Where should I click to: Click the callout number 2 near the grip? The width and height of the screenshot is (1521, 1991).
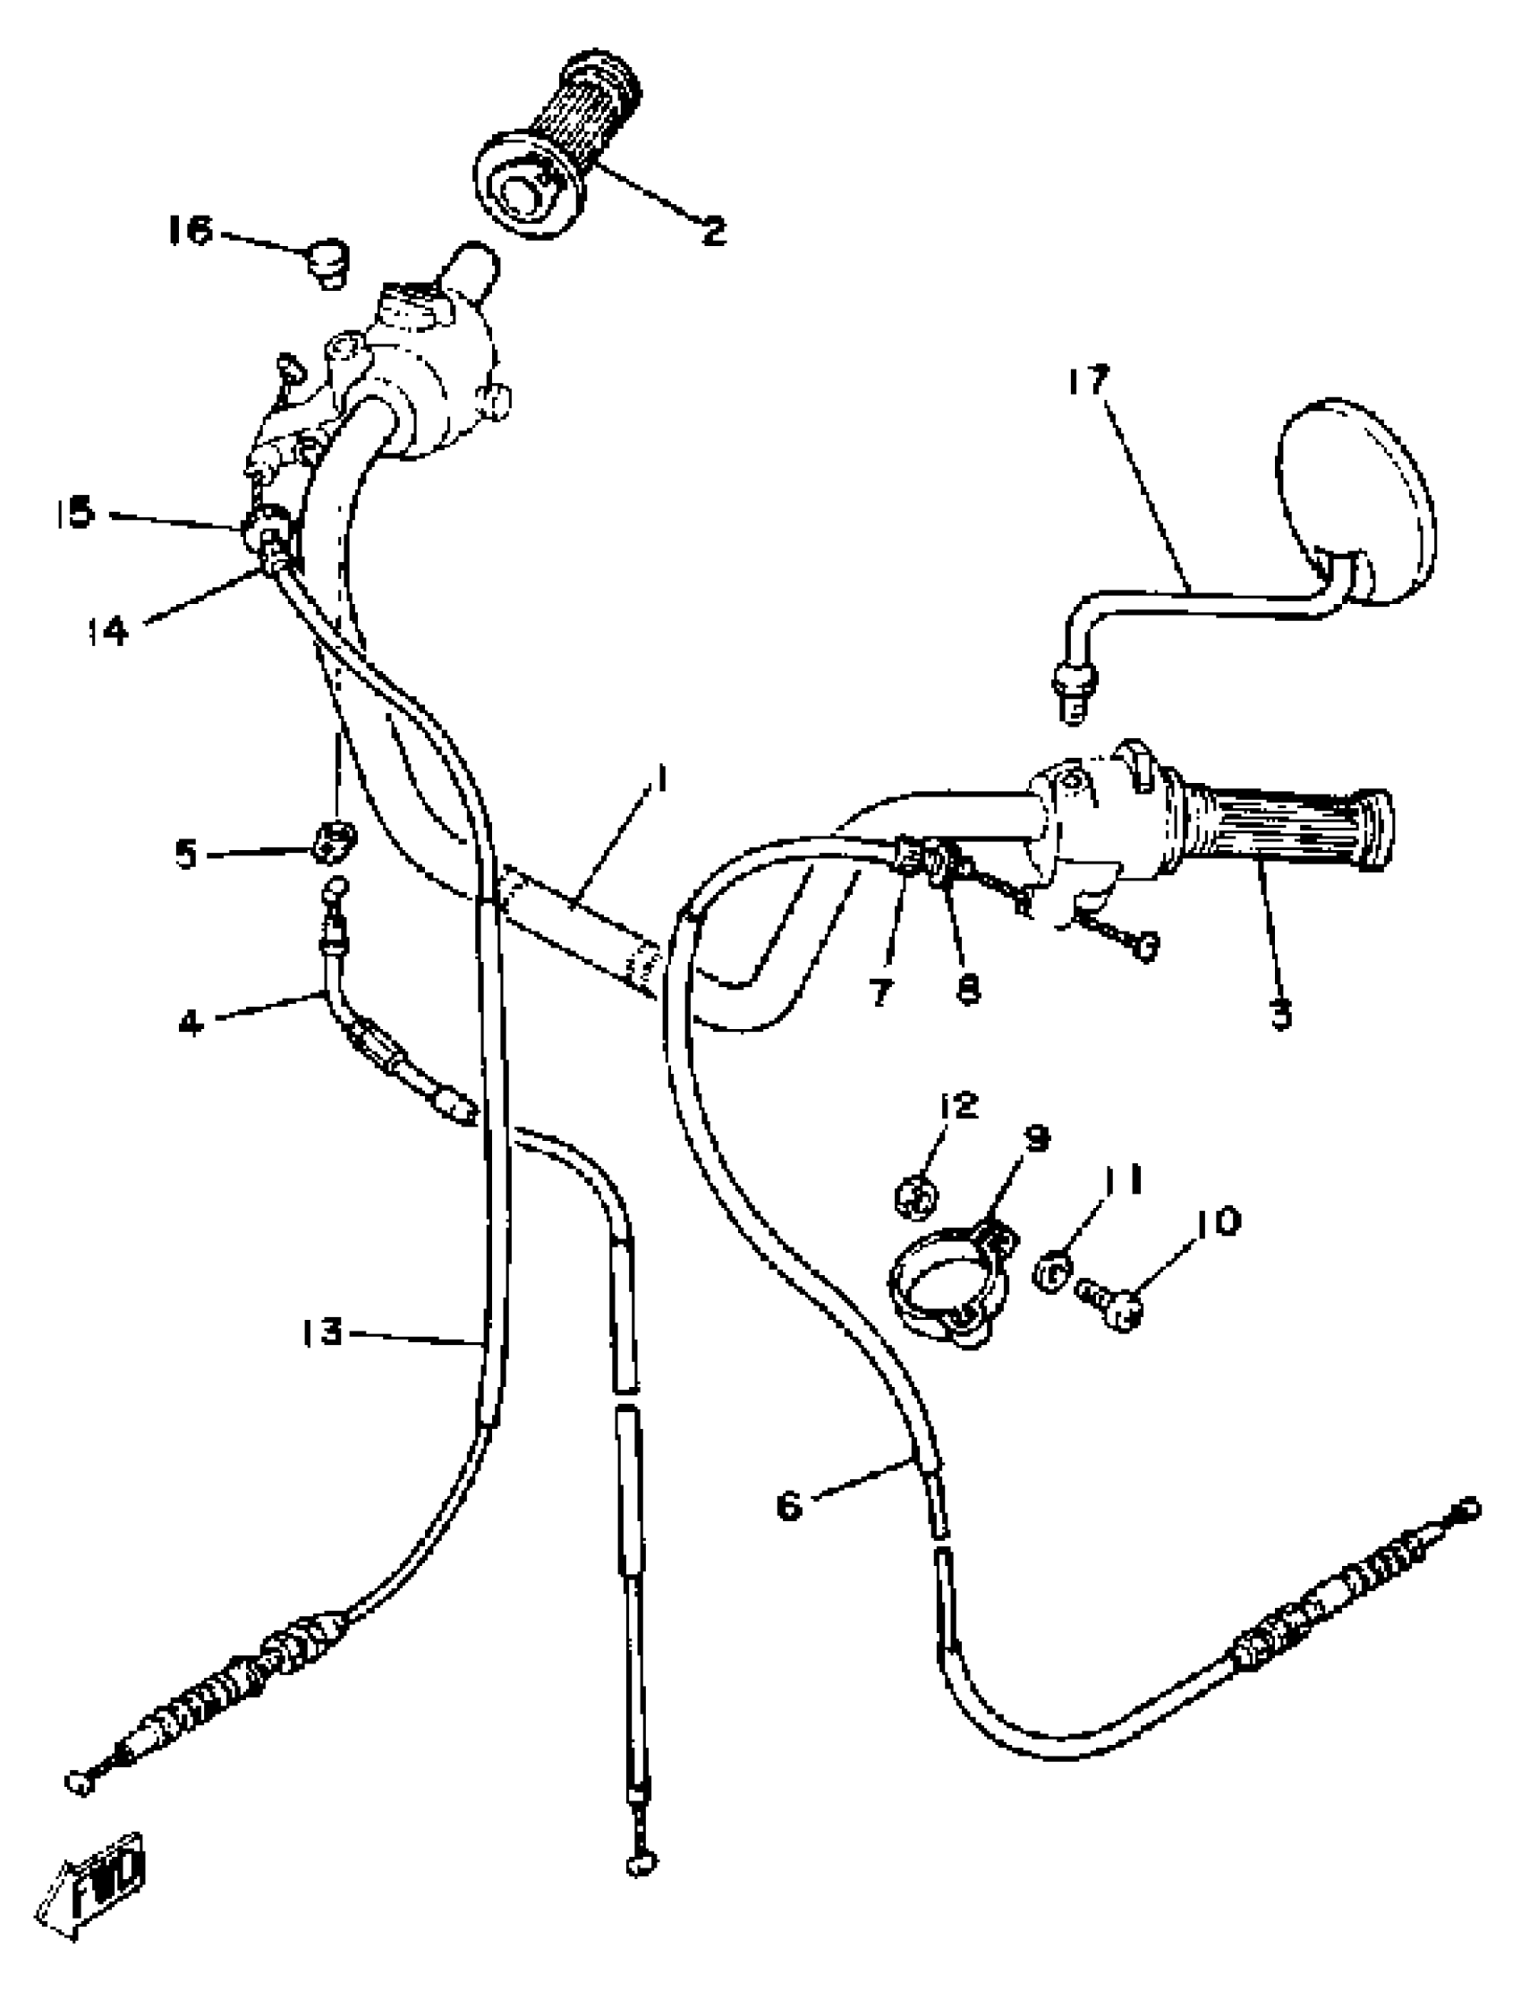tap(713, 231)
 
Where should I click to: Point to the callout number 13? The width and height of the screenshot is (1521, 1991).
tap(323, 1332)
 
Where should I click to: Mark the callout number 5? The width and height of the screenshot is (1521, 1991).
tap(186, 853)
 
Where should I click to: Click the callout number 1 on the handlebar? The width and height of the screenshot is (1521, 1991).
tap(664, 779)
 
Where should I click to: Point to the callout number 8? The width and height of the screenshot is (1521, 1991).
tap(968, 991)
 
